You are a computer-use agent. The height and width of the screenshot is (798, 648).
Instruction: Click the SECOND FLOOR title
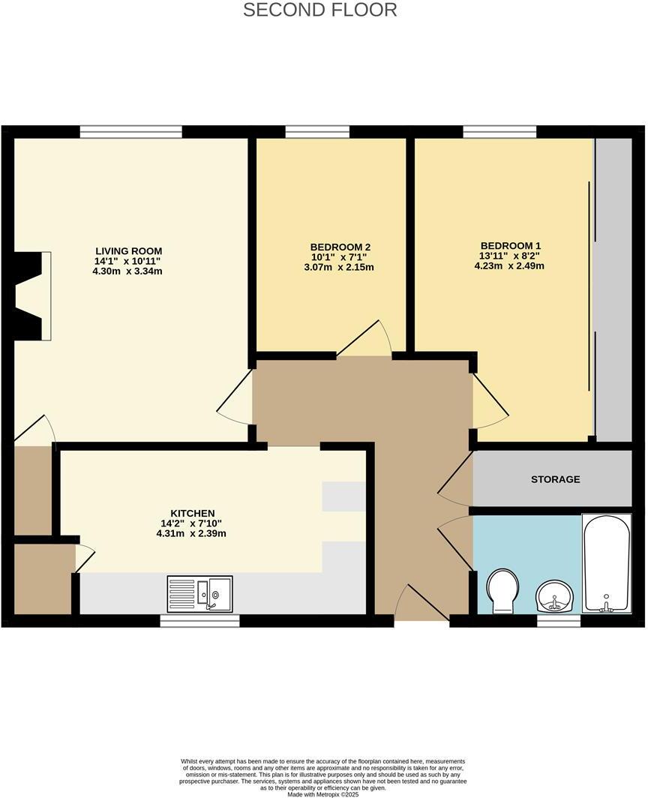click(x=320, y=10)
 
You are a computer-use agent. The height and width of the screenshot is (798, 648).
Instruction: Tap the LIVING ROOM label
click(x=128, y=250)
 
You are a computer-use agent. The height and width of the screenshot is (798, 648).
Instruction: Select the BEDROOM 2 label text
click(x=340, y=247)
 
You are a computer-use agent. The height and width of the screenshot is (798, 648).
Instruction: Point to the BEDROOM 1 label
click(x=510, y=245)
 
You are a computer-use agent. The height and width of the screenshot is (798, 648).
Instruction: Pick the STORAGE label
click(x=555, y=479)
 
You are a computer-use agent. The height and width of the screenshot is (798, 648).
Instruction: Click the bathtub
click(x=606, y=563)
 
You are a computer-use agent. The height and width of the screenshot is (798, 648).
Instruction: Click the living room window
click(x=131, y=132)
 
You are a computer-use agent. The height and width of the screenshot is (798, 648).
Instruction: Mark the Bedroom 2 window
click(x=317, y=132)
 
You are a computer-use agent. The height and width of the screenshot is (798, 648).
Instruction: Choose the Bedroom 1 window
click(x=493, y=132)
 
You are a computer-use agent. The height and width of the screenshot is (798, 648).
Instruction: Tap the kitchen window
click(x=199, y=620)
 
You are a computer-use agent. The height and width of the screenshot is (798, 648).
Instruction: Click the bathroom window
click(x=559, y=620)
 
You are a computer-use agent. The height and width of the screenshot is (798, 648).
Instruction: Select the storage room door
click(x=456, y=486)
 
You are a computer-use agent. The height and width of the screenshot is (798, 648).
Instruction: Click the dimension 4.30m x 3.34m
click(x=128, y=271)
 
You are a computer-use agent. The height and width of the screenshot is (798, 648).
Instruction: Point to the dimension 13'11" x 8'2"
click(x=510, y=256)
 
